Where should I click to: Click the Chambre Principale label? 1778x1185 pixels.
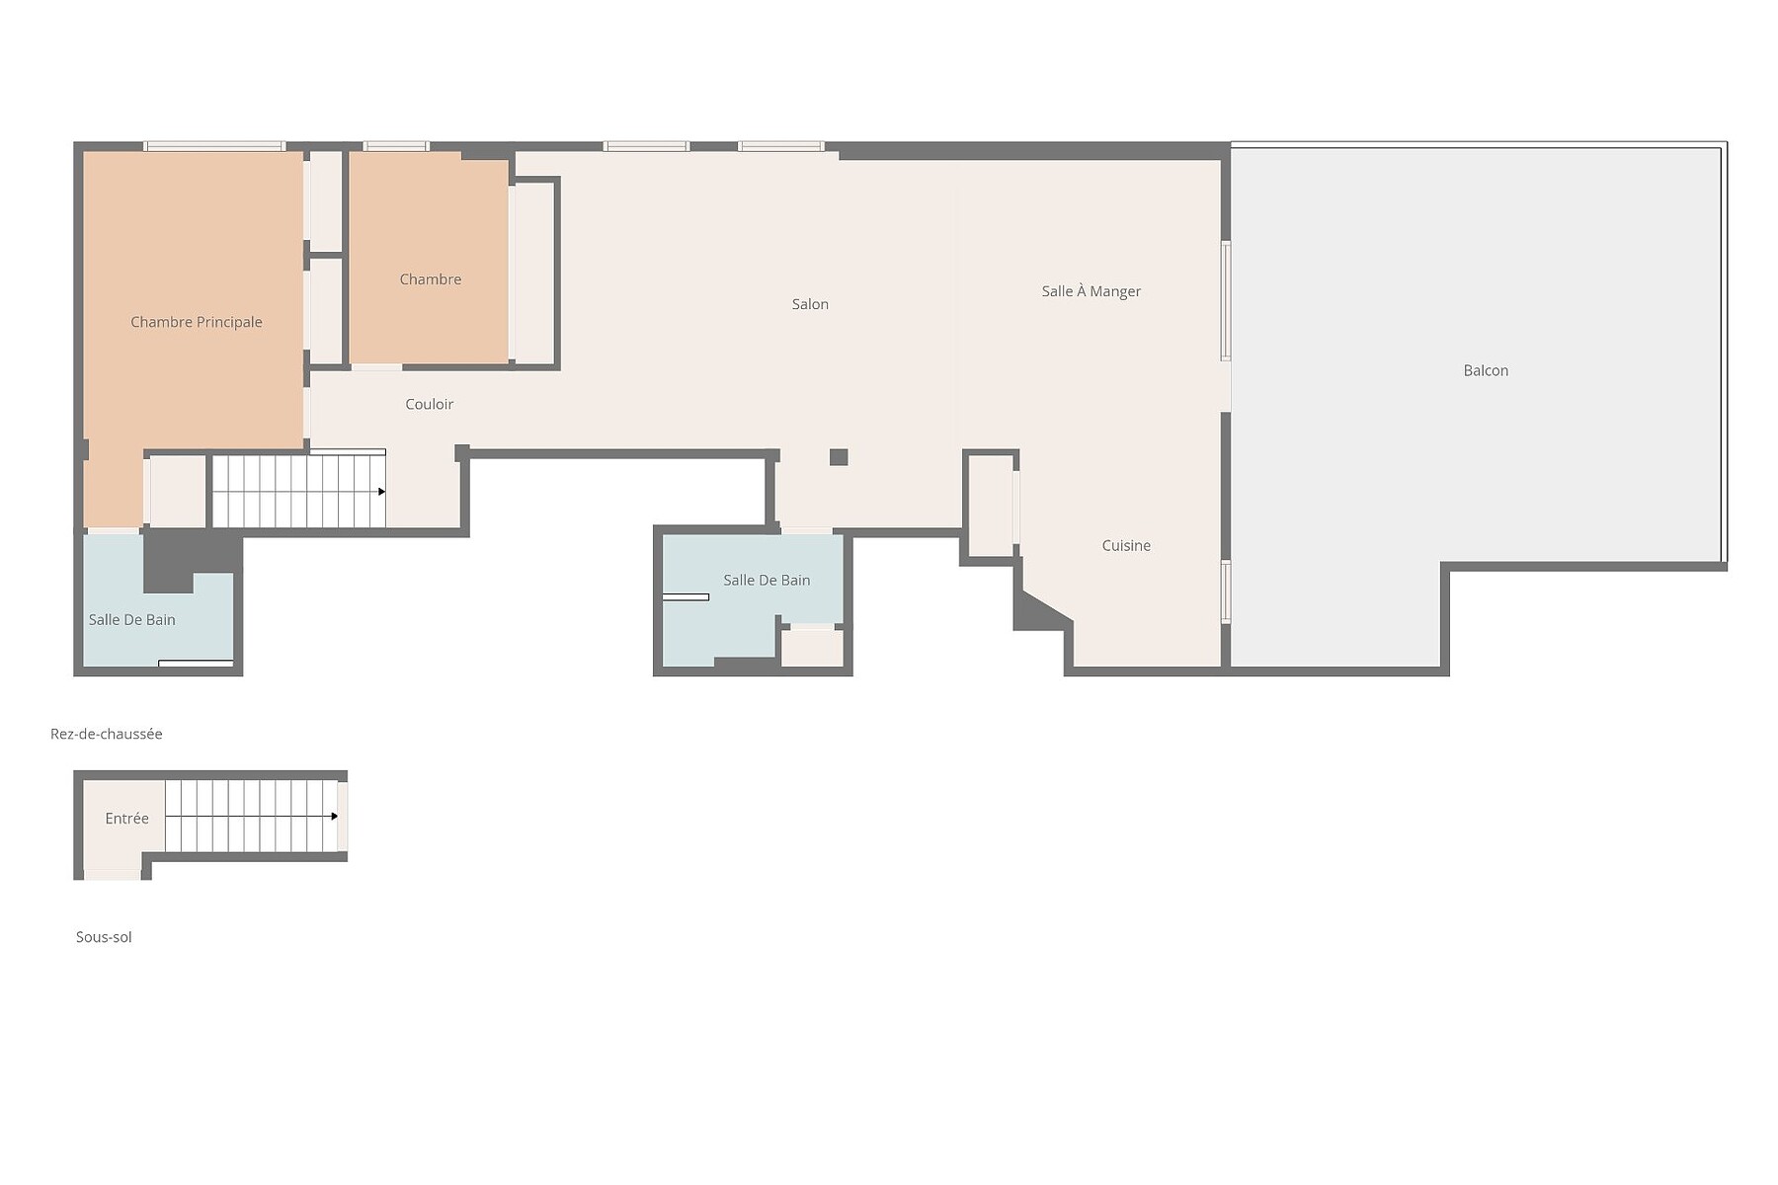[x=197, y=322]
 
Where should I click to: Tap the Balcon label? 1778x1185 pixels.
[x=1486, y=370]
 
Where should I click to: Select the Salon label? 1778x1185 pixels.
[x=810, y=304]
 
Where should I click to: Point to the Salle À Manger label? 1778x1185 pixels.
[x=1091, y=291]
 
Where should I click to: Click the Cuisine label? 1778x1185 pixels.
[x=1126, y=545]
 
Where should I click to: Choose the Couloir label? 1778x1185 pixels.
[x=430, y=404]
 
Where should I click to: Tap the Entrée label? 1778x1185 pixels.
[x=127, y=818]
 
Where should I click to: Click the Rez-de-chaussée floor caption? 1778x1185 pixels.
[x=107, y=734]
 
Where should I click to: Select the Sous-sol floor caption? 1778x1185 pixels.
[x=104, y=937]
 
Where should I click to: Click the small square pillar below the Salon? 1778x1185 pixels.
[x=839, y=457]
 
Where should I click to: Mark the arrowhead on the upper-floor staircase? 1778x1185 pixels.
[x=381, y=491]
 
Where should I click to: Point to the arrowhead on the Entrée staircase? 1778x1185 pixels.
[x=335, y=817]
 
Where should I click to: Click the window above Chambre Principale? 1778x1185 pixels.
[x=214, y=146]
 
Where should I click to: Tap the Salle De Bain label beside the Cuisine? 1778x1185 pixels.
[x=767, y=580]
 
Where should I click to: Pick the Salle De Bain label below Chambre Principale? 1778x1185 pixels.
[x=132, y=620]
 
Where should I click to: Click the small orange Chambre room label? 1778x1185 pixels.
[x=431, y=279]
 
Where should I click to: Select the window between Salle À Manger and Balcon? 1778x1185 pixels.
[x=1226, y=301]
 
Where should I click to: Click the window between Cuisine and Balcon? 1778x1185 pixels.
[x=1226, y=592]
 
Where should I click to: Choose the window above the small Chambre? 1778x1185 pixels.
[x=396, y=146]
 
